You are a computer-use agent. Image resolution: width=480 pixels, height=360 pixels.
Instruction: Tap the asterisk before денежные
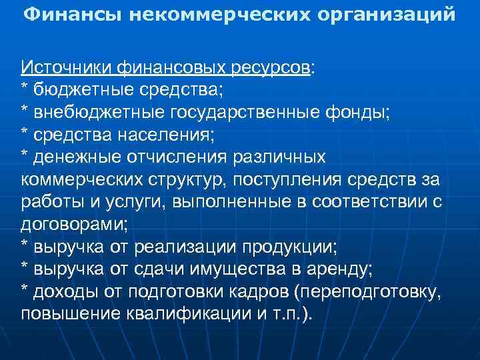[25, 156]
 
